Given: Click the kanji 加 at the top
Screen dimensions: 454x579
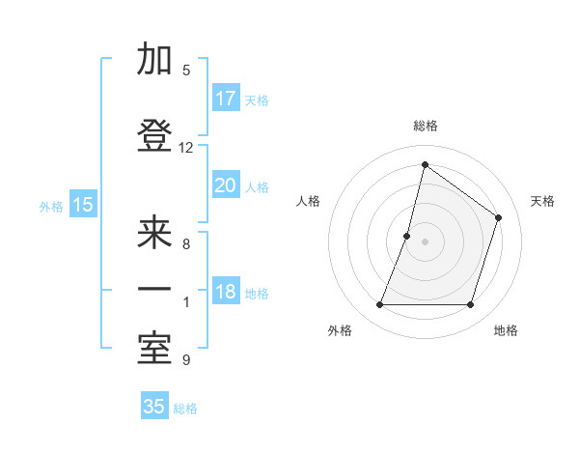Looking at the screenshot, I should coord(154,60).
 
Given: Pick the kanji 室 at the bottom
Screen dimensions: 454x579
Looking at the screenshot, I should coord(154,349).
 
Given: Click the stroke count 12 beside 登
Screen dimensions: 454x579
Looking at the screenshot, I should coord(186,148).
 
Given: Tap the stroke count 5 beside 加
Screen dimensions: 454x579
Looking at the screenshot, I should coord(186,71).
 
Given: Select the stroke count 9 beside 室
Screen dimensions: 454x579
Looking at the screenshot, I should coord(186,360).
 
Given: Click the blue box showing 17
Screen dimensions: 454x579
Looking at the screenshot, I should coord(226,99).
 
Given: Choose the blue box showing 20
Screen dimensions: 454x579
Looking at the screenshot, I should coord(226,185).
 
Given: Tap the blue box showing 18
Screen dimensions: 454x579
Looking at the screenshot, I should coord(226,292).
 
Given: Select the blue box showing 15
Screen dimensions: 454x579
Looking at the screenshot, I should coord(83,205).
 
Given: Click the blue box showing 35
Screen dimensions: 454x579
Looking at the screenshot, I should coord(154,407).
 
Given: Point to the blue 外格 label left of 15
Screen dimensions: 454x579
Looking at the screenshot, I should coord(51,206).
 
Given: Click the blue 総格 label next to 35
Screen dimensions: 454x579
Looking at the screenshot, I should coord(185,409).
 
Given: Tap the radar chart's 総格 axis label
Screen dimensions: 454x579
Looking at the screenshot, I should coord(425,126).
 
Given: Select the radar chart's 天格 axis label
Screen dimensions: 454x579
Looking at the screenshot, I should coord(542,201).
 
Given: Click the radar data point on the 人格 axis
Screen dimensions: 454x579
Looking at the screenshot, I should coord(407,236).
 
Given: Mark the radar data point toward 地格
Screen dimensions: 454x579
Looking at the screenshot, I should coord(470,305).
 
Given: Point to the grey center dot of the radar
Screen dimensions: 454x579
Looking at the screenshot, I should coord(425,241).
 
